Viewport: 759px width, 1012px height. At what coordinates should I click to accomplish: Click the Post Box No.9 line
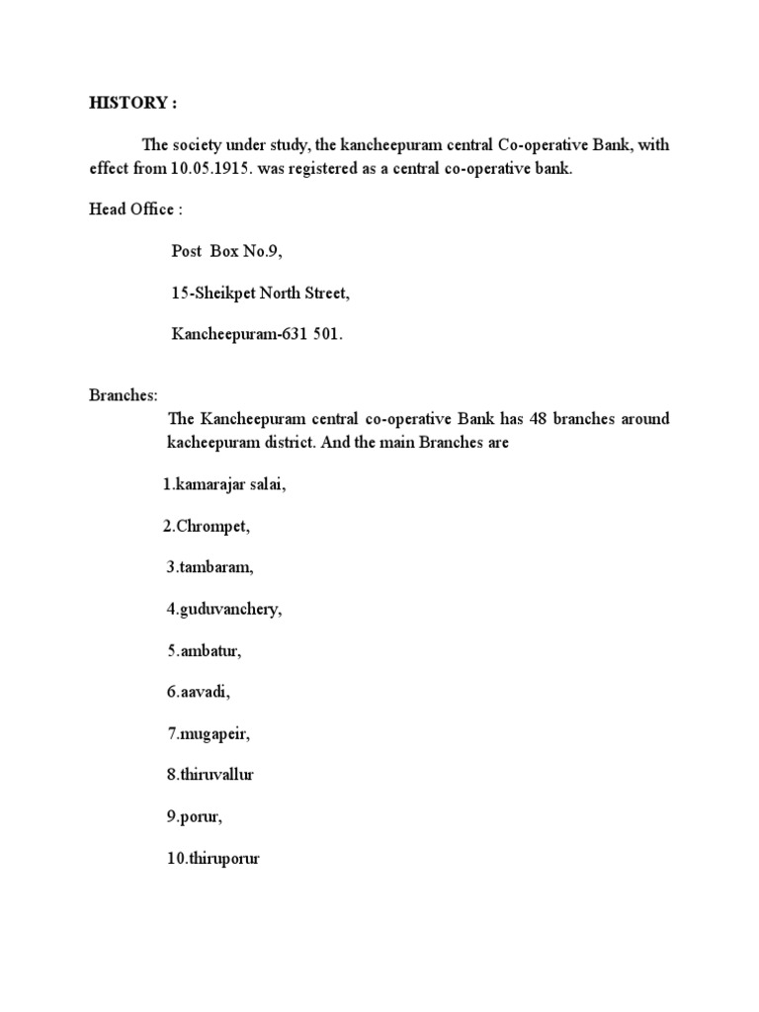227,252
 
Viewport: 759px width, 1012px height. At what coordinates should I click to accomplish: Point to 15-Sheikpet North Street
260,294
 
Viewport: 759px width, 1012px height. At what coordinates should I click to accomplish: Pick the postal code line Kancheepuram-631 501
257,335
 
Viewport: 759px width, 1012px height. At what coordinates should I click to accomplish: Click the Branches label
124,395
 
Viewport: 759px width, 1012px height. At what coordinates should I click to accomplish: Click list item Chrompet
207,527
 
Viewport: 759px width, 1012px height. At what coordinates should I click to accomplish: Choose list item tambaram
210,568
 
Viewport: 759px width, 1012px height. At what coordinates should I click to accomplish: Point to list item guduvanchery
224,610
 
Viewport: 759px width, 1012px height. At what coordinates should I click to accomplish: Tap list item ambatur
205,651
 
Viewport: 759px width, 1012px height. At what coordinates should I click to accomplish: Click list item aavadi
199,693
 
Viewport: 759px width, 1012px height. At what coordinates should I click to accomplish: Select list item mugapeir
209,734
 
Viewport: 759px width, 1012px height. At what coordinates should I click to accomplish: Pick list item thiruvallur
211,776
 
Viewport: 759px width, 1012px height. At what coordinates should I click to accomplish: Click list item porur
195,817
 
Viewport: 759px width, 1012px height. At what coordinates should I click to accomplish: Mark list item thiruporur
213,859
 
